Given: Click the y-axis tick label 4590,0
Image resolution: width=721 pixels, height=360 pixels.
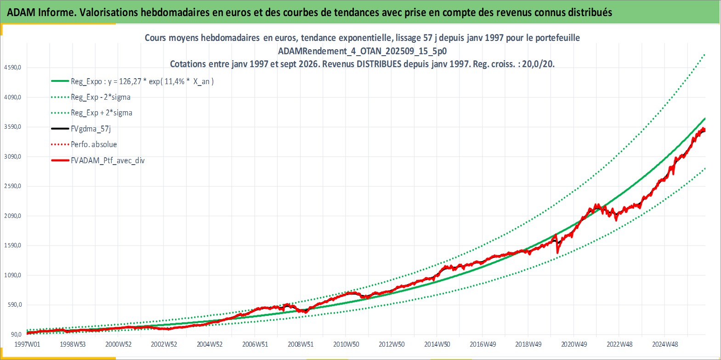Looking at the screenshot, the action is point(12,68).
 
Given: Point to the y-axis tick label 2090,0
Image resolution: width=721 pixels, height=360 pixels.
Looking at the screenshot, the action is point(12,216).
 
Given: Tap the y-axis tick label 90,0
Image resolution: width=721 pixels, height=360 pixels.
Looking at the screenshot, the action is point(16,334).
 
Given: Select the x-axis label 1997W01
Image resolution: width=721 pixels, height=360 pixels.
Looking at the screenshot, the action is point(28,344).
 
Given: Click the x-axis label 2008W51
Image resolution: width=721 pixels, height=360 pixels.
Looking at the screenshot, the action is point(301,344).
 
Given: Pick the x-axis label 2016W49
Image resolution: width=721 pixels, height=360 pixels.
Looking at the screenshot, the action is point(483,344).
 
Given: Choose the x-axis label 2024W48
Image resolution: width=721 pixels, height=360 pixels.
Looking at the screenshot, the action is point(665,344).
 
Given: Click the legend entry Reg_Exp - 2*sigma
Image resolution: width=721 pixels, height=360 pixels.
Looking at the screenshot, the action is point(101,97).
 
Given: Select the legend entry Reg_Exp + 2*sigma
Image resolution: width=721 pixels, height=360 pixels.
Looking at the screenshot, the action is point(102,113).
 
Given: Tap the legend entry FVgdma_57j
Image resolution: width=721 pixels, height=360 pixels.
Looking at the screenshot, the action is point(91,129).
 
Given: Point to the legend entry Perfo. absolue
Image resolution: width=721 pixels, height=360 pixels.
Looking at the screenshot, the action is point(94,144).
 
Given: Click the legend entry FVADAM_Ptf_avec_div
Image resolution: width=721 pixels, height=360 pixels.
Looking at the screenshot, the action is point(108,160).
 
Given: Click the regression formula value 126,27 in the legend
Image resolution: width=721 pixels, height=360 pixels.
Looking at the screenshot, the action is point(130,81).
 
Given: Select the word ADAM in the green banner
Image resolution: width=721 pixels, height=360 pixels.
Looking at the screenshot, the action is point(21,12).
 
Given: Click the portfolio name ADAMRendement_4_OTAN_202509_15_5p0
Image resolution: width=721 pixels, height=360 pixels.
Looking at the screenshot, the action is point(363,51).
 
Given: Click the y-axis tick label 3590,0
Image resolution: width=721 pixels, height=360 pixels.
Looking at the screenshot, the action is point(12,127).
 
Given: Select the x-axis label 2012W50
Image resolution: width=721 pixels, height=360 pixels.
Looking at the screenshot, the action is point(392,344).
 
